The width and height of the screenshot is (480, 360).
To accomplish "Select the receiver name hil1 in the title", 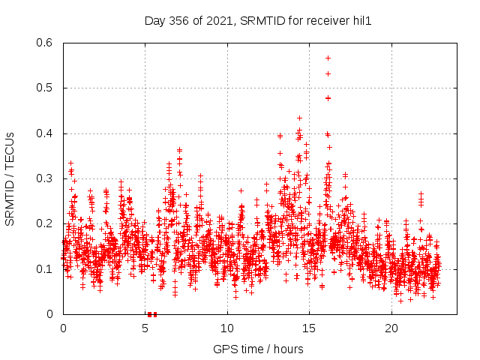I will (x=361, y=20).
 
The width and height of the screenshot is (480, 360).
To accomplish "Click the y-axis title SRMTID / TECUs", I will (x=10, y=178).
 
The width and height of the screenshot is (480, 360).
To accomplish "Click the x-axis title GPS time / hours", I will (x=258, y=349).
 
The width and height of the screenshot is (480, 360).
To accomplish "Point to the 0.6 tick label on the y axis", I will (x=47, y=43).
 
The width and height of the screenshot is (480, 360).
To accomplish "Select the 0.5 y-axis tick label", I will (x=47, y=88).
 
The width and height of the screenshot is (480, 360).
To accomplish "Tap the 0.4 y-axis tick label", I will (x=47, y=133).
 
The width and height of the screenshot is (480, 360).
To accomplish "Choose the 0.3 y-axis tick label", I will (x=47, y=178).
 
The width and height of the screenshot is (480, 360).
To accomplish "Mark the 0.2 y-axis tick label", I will (x=47, y=223).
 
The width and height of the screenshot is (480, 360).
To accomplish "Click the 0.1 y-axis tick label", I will (x=47, y=268).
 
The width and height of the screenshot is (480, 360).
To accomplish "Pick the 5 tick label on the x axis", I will (x=145, y=328).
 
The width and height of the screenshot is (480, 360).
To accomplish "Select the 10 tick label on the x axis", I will (x=227, y=328).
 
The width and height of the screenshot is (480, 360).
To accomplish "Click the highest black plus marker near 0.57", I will (x=328, y=58).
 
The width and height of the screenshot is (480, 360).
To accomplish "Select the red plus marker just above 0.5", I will (x=328, y=73).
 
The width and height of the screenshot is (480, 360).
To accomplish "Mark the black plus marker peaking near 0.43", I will (x=299, y=118).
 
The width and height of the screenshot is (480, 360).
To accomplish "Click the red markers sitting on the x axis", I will (x=152, y=313).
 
